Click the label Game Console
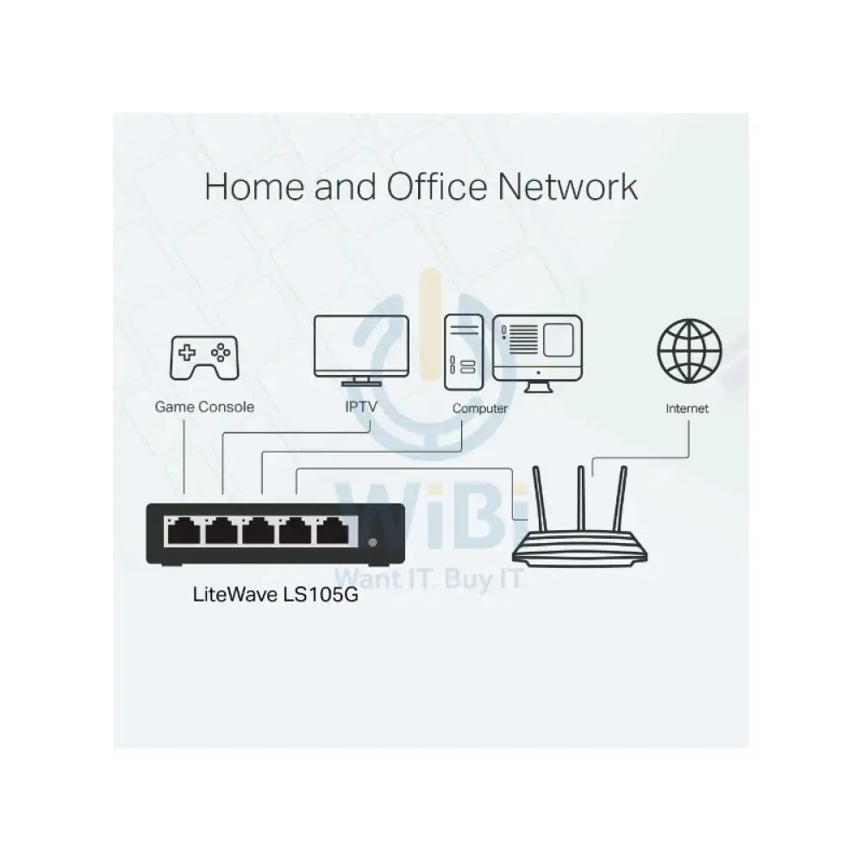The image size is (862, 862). click(x=204, y=406)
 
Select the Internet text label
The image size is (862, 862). click(x=687, y=409)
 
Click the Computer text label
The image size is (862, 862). click(x=480, y=409)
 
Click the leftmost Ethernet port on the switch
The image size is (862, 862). click(x=183, y=532)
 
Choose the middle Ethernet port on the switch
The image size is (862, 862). click(x=259, y=532)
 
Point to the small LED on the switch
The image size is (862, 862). click(x=372, y=542)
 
